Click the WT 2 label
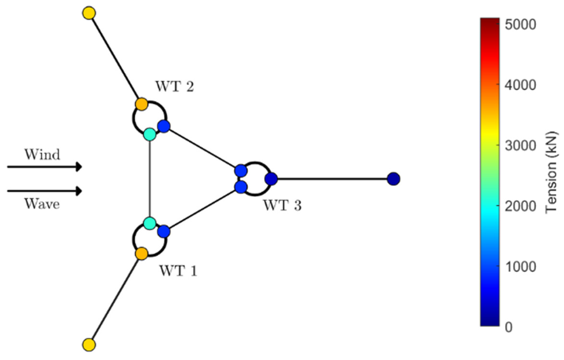[175, 87]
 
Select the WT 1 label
[178, 271]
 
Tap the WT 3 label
[283, 206]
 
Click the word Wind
[42, 155]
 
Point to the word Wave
[42, 204]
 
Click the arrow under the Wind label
[45, 167]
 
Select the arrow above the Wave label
[45, 191]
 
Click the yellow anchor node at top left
[89, 13]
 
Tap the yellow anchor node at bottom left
[89, 345]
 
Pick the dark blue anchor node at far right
[394, 179]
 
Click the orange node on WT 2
[142, 104]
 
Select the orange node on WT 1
[142, 253]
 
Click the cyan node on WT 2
[150, 134]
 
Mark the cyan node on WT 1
[150, 223]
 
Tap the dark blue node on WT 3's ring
[271, 179]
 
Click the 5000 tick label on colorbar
[520, 25]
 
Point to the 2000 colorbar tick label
[520, 206]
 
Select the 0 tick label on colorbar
[509, 327]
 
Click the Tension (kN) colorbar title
[551, 172]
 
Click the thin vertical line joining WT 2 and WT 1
[150, 179]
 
